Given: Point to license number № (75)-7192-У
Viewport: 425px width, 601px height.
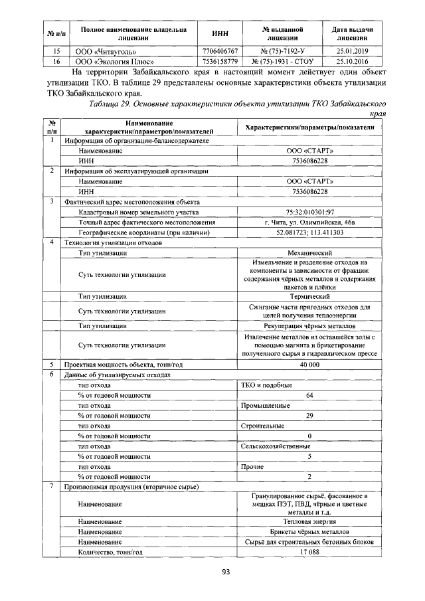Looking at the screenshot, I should [283, 50].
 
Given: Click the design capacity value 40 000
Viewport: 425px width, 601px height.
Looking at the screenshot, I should [309, 365].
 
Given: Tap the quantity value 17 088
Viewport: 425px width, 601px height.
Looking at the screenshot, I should [309, 552].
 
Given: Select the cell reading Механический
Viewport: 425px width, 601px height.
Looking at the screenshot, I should [309, 253].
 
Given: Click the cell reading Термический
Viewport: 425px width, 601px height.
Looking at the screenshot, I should [309, 296].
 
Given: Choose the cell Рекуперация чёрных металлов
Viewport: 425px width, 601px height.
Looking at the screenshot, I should [309, 326].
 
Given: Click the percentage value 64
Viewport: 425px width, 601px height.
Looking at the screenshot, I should [309, 395].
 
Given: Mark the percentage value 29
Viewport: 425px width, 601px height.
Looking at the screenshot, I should [309, 415].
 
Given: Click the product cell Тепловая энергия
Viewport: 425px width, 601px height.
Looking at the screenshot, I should [309, 521].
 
